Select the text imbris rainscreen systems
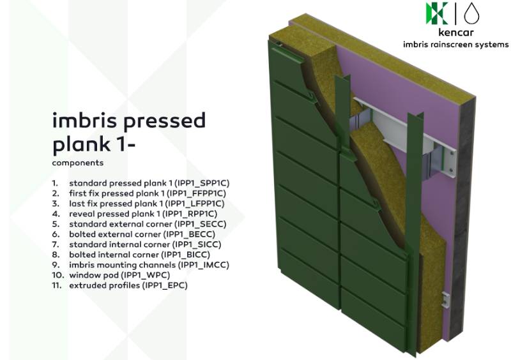tap(455, 45)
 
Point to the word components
tap(78, 163)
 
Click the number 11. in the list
tap(58, 285)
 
